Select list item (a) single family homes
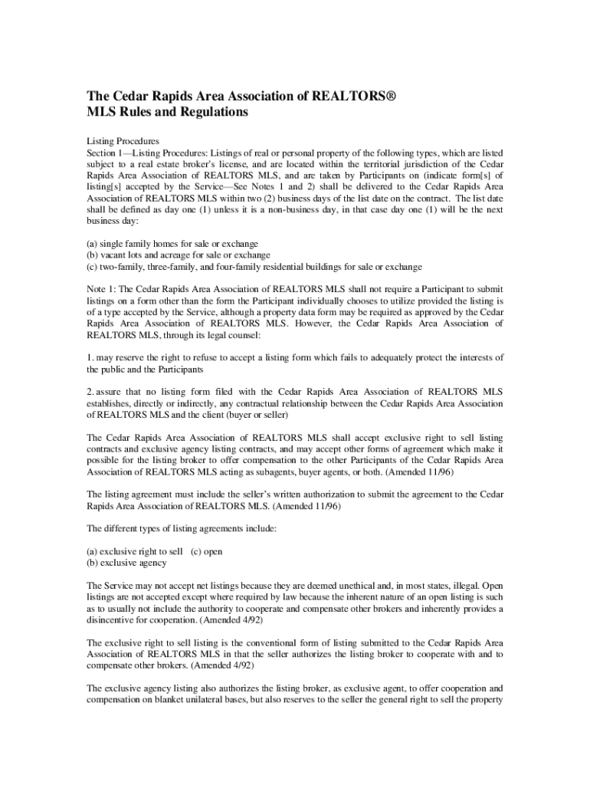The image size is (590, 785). pos(172,244)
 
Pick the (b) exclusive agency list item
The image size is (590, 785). pos(126,563)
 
